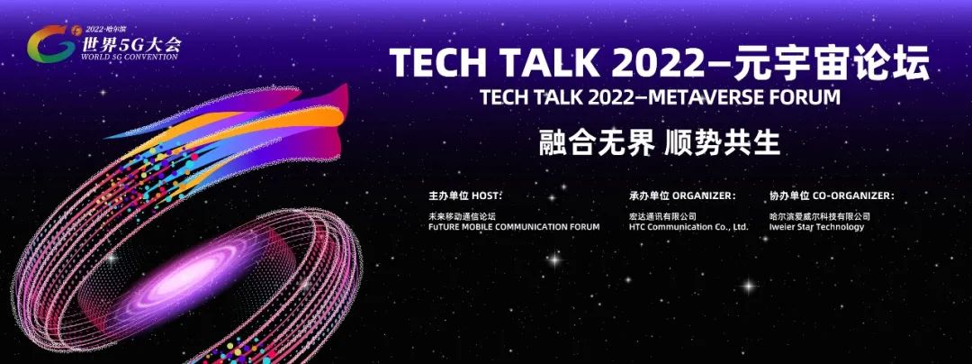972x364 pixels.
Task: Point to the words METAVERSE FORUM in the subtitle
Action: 754,97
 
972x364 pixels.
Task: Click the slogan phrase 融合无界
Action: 596,143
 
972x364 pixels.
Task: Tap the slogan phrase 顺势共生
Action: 722,143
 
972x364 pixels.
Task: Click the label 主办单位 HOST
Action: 464,196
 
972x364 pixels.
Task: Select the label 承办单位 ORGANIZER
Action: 682,196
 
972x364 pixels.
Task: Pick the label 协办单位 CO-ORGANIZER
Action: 832,196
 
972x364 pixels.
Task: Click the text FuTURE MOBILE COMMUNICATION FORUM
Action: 514,227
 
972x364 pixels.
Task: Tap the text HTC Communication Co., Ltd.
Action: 688,227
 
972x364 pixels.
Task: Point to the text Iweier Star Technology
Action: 816,227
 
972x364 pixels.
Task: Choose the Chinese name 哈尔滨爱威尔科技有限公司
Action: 820,216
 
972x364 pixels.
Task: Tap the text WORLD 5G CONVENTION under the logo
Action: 129,57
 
